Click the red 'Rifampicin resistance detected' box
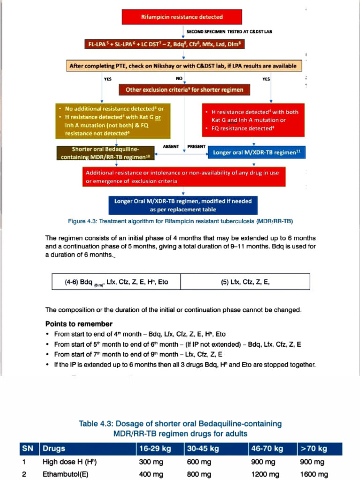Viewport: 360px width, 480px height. pyautogui.click(x=182, y=17)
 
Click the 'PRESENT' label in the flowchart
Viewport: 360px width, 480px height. pyautogui.click(x=196, y=146)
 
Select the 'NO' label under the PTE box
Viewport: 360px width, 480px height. pyautogui.click(x=179, y=79)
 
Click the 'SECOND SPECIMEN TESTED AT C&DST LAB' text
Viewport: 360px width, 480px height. pyautogui.click(x=229, y=31)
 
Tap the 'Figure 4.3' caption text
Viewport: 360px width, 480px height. pyautogui.click(x=180, y=221)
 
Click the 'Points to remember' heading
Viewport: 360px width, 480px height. pyautogui.click(x=79, y=324)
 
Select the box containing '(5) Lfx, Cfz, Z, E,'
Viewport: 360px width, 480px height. pyautogui.click(x=245, y=282)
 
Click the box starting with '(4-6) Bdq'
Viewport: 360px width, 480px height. pyautogui.click(x=116, y=282)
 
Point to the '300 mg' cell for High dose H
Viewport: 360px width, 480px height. pyautogui.click(x=151, y=462)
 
